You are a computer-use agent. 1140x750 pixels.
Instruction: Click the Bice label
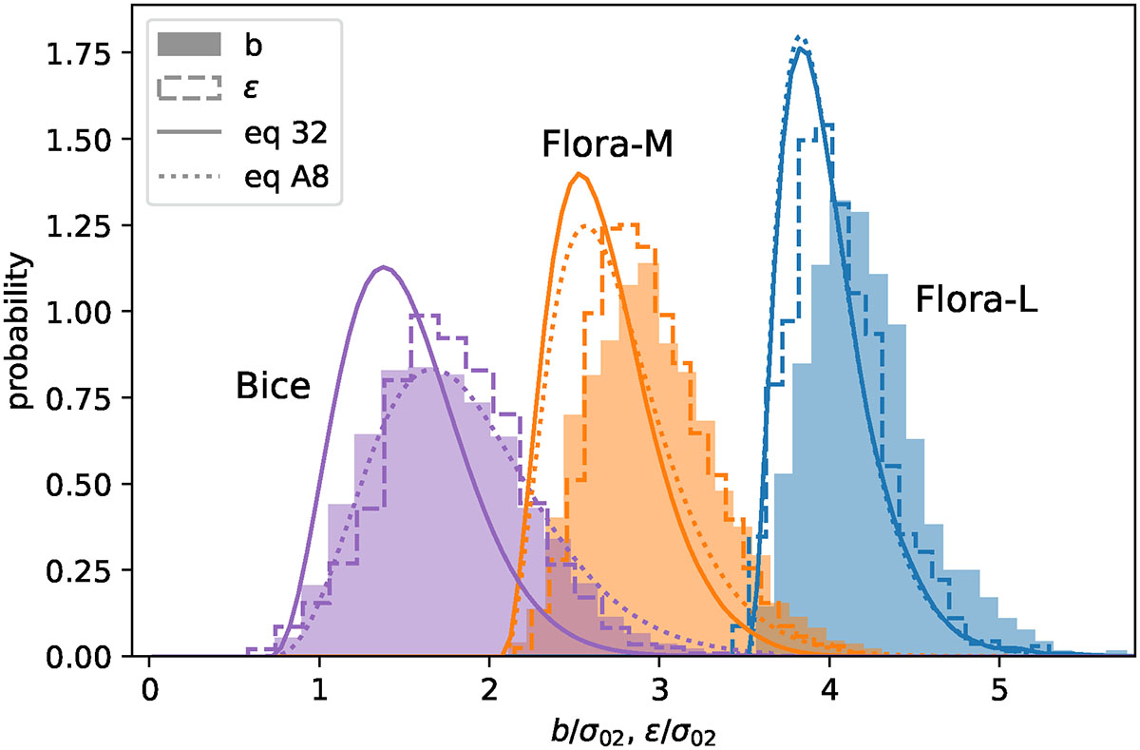(273, 387)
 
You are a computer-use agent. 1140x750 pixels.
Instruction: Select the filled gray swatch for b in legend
(194, 44)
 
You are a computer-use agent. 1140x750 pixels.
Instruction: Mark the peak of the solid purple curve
(383, 267)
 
